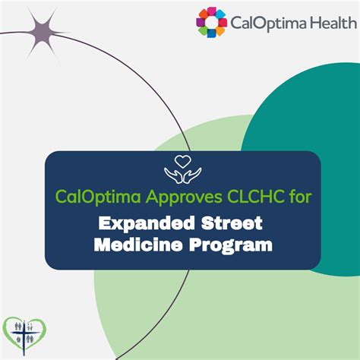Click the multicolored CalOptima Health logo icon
pos(212,22)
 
